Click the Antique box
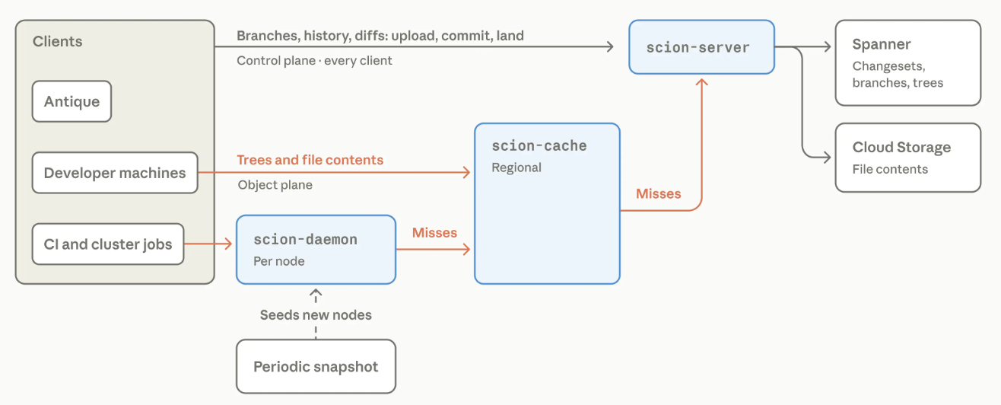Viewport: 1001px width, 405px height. point(71,101)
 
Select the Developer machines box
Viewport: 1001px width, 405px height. point(115,173)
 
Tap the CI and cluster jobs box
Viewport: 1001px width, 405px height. point(108,244)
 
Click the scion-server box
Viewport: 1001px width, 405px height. point(701,47)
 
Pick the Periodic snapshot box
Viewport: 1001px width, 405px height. point(316,367)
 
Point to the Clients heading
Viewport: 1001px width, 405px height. point(58,42)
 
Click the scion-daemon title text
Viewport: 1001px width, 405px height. point(305,240)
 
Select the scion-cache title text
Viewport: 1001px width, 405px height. point(539,145)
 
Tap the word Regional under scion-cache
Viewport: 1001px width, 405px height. point(516,167)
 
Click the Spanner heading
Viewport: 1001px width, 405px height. point(882,44)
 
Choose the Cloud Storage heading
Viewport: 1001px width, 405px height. point(901,147)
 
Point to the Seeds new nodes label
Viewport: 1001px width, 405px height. point(316,315)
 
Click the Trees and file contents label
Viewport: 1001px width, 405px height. point(310,160)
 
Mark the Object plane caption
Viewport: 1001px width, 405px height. point(275,185)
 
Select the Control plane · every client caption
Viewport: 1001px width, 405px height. point(314,60)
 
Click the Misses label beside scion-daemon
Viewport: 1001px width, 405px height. point(434,232)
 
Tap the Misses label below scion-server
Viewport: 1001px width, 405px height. point(658,193)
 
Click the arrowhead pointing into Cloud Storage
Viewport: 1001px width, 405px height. point(827,157)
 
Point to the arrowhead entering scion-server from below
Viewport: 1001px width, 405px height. point(701,81)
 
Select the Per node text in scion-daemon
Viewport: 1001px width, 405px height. point(279,261)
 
